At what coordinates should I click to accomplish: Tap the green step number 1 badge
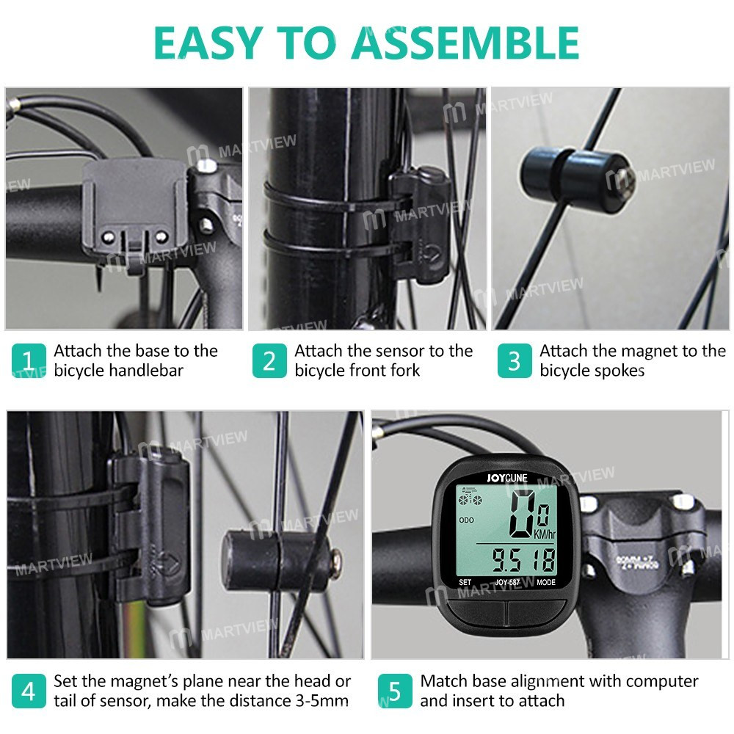pos(28,361)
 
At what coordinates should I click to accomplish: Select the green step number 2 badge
pos(269,361)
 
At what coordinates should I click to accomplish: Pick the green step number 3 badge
pos(514,361)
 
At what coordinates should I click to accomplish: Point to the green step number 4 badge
pos(28,691)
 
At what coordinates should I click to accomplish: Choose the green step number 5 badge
pos(395,691)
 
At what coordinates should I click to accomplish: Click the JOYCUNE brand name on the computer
pos(506,476)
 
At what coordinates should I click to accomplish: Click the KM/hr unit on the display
pos(543,534)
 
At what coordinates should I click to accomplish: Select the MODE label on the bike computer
pos(545,583)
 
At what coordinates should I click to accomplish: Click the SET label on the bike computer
pos(465,583)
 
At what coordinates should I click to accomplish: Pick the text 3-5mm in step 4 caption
pos(316,701)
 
